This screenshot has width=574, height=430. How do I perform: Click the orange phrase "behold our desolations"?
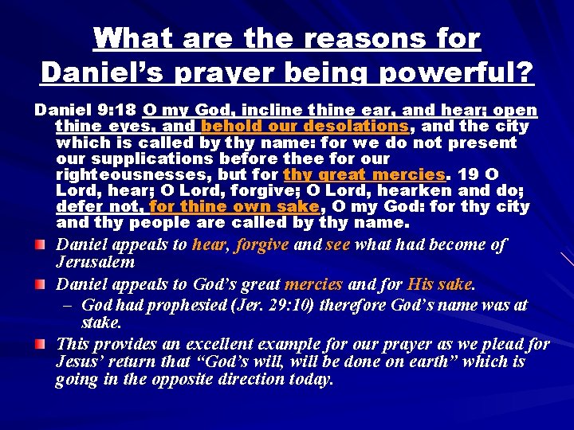[x=305, y=126]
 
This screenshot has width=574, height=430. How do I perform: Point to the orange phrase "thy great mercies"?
[x=363, y=174]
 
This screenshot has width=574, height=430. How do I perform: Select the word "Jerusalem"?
[x=95, y=262]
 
